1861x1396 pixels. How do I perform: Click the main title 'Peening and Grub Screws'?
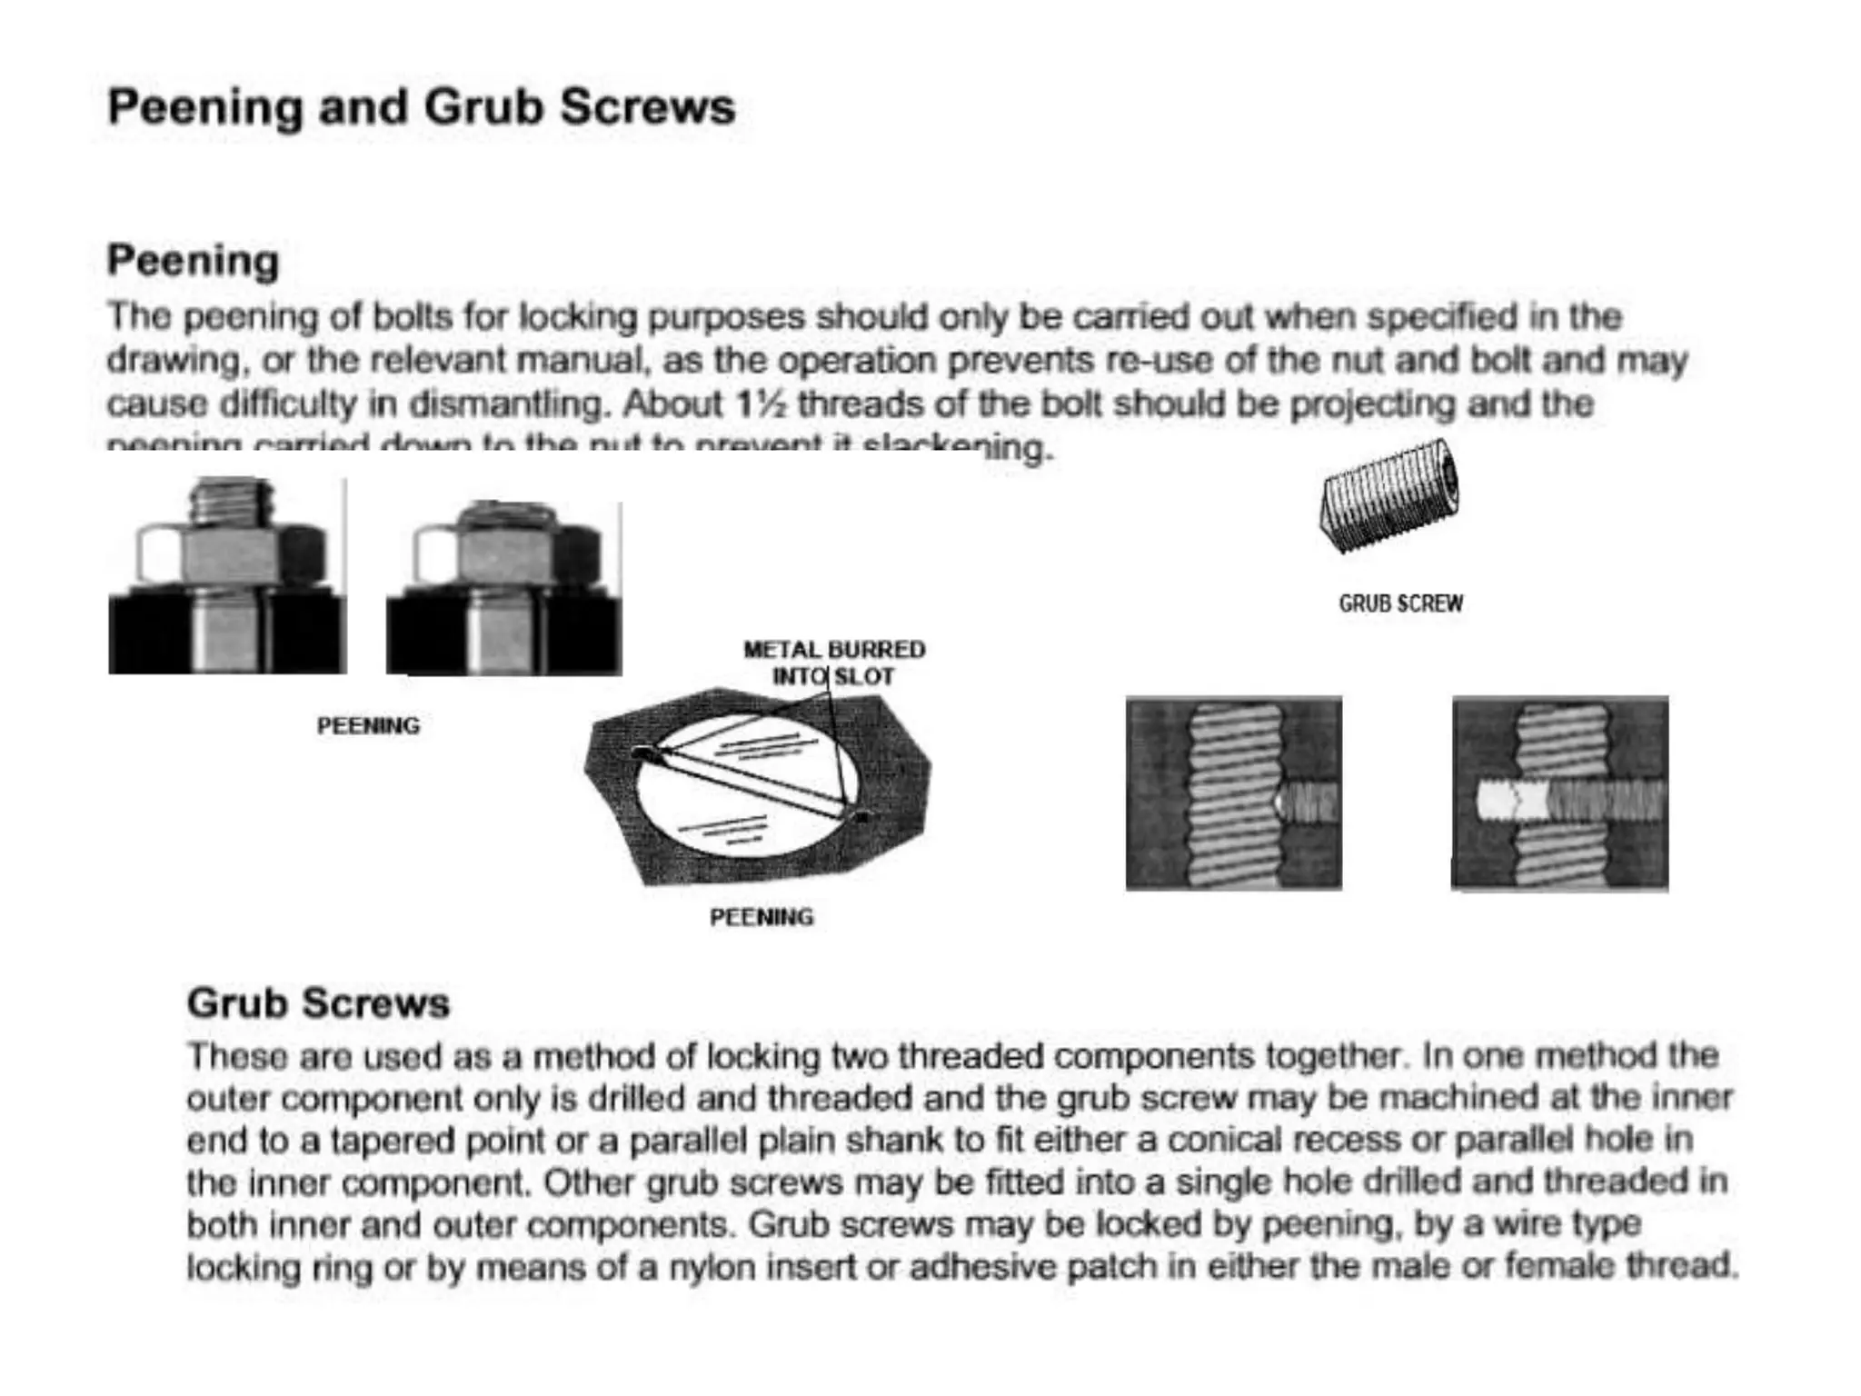click(421, 107)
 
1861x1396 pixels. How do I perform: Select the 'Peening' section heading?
click(193, 261)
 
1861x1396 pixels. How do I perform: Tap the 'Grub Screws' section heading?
click(318, 1003)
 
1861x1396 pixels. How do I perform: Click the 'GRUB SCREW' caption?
click(1400, 603)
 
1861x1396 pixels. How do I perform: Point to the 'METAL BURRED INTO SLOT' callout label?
click(833, 663)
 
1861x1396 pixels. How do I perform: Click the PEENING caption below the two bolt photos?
click(368, 726)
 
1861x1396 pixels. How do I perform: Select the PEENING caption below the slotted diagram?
click(761, 917)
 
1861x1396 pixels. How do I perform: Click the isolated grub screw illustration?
click(1389, 496)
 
